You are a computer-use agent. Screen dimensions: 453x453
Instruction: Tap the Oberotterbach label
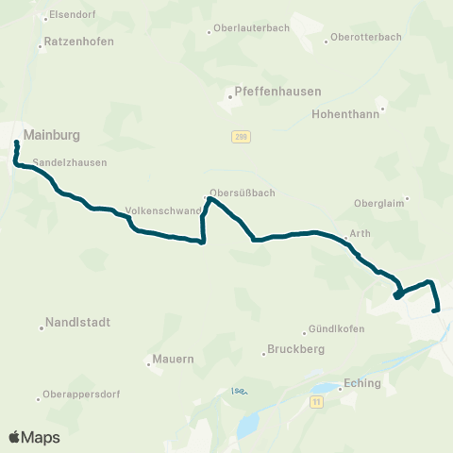(365, 38)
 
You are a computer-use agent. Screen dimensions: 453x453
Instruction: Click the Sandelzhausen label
(69, 162)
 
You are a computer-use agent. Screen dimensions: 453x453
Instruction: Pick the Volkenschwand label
(162, 211)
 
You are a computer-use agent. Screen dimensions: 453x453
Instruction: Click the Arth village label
(360, 233)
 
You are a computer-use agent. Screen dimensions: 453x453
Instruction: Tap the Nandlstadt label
(78, 322)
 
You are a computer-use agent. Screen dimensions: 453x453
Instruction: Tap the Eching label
(362, 383)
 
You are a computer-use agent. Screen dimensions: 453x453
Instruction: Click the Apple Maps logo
(34, 437)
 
